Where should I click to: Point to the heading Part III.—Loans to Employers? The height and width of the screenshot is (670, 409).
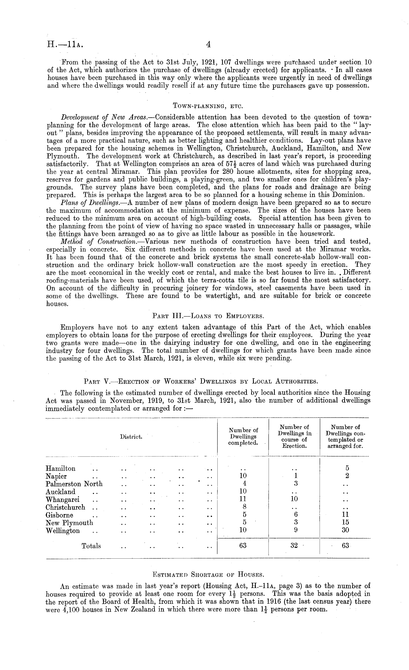tap(208, 316)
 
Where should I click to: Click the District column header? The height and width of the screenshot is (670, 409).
tap(131, 437)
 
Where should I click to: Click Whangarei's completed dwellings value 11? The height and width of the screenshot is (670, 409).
tap(243, 499)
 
